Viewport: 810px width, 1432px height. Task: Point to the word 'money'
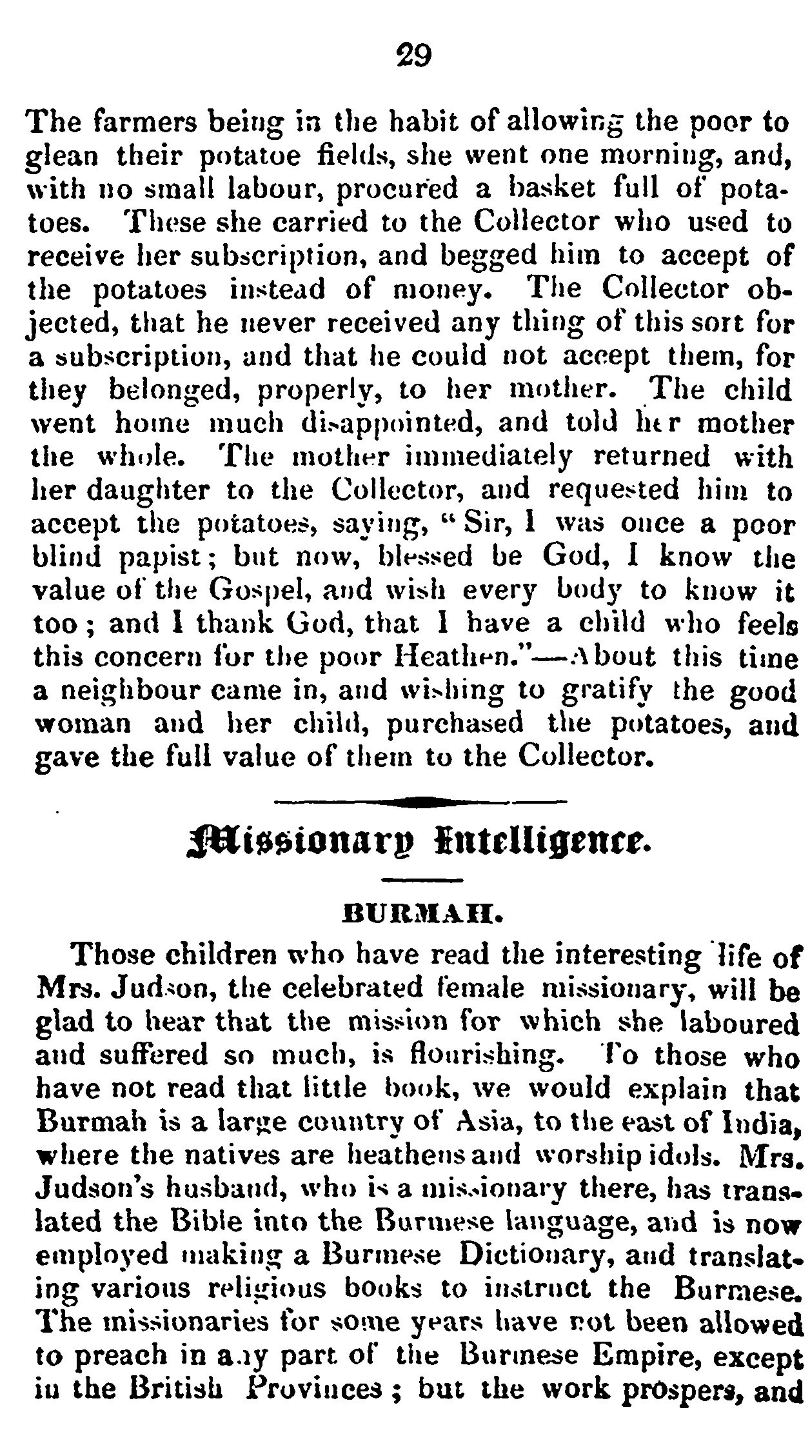pos(437,290)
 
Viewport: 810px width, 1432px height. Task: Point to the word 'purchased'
pos(455,724)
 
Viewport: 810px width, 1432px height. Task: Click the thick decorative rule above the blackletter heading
pos(420,802)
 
